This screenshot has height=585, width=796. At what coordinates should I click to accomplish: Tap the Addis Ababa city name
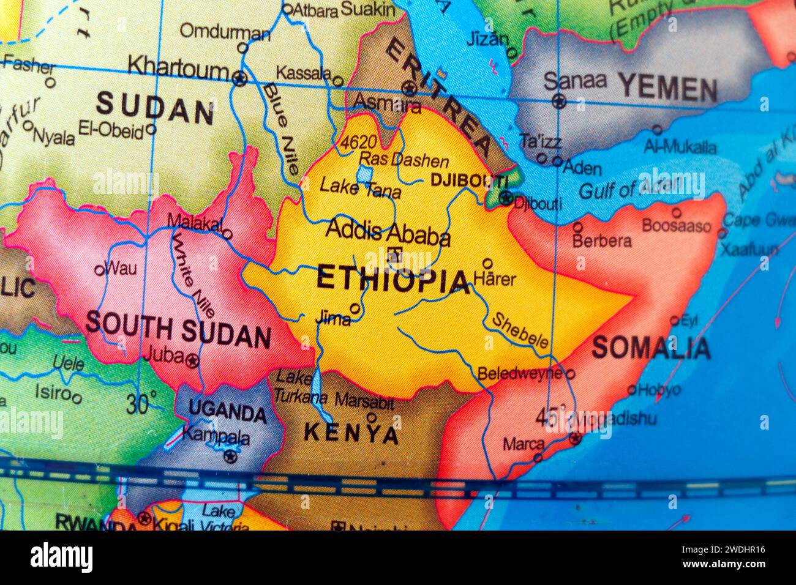pyautogui.click(x=388, y=232)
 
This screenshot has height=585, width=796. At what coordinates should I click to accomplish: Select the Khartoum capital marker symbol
pyautogui.click(x=240, y=78)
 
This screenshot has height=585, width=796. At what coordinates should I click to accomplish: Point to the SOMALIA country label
pyautogui.click(x=651, y=348)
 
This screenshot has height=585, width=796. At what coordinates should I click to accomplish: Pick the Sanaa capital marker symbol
pyautogui.click(x=558, y=101)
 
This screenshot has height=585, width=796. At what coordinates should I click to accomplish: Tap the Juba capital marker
pyautogui.click(x=192, y=360)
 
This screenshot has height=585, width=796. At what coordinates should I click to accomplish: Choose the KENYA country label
pyautogui.click(x=351, y=433)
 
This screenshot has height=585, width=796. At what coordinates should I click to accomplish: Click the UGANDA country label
pyautogui.click(x=228, y=411)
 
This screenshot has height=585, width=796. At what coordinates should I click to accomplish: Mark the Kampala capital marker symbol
pyautogui.click(x=230, y=456)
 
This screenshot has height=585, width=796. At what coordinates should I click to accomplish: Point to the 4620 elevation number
pyautogui.click(x=358, y=143)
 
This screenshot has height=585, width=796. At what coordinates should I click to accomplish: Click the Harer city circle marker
pyautogui.click(x=487, y=264)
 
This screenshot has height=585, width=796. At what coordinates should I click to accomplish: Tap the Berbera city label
pyautogui.click(x=602, y=240)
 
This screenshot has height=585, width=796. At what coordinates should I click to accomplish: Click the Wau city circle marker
pyautogui.click(x=99, y=269)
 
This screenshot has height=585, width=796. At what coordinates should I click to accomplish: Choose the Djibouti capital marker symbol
pyautogui.click(x=506, y=198)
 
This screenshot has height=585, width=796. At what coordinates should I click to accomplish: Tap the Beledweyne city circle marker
pyautogui.click(x=569, y=373)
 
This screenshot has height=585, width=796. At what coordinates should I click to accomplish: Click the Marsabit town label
pyautogui.click(x=364, y=402)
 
